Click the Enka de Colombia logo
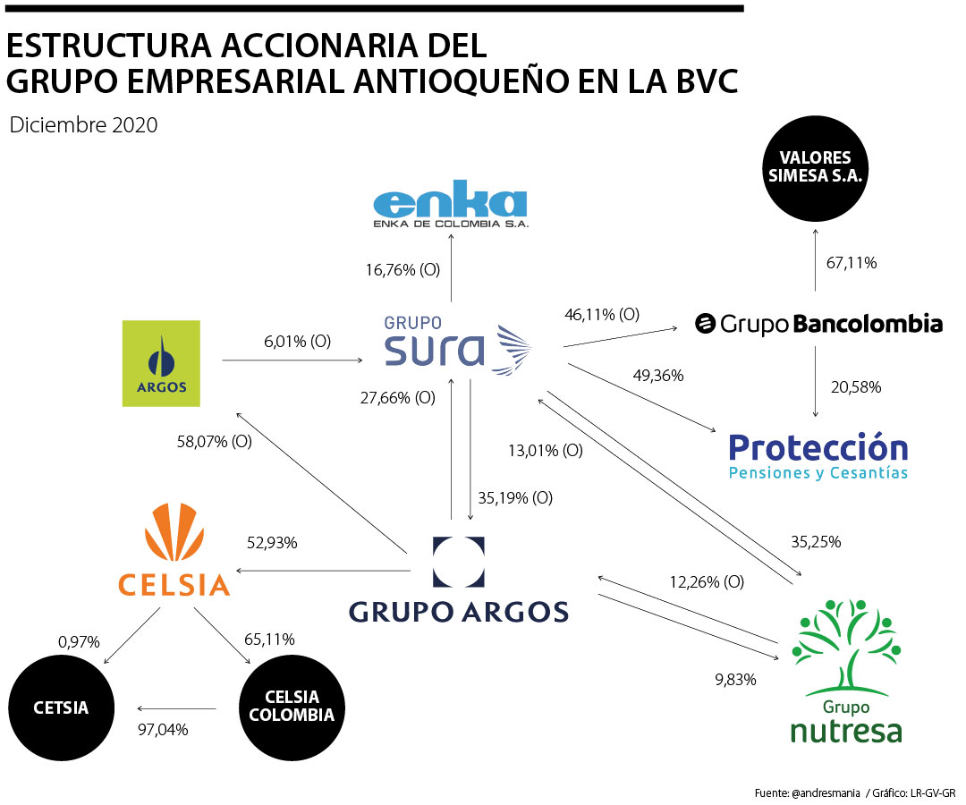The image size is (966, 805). point(450,208)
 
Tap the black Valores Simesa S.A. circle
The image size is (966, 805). point(815,167)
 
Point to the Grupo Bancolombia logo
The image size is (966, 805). point(819,324)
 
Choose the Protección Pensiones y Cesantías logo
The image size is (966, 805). point(818,455)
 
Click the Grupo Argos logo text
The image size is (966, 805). point(459,612)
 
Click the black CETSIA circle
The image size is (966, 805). point(62,708)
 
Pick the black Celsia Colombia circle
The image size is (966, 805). point(292,707)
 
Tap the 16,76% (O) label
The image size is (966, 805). point(402,269)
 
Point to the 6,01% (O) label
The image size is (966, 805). point(297,343)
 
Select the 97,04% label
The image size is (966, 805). point(162,729)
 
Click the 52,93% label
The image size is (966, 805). point(272,542)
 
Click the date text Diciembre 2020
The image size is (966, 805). point(83,125)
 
